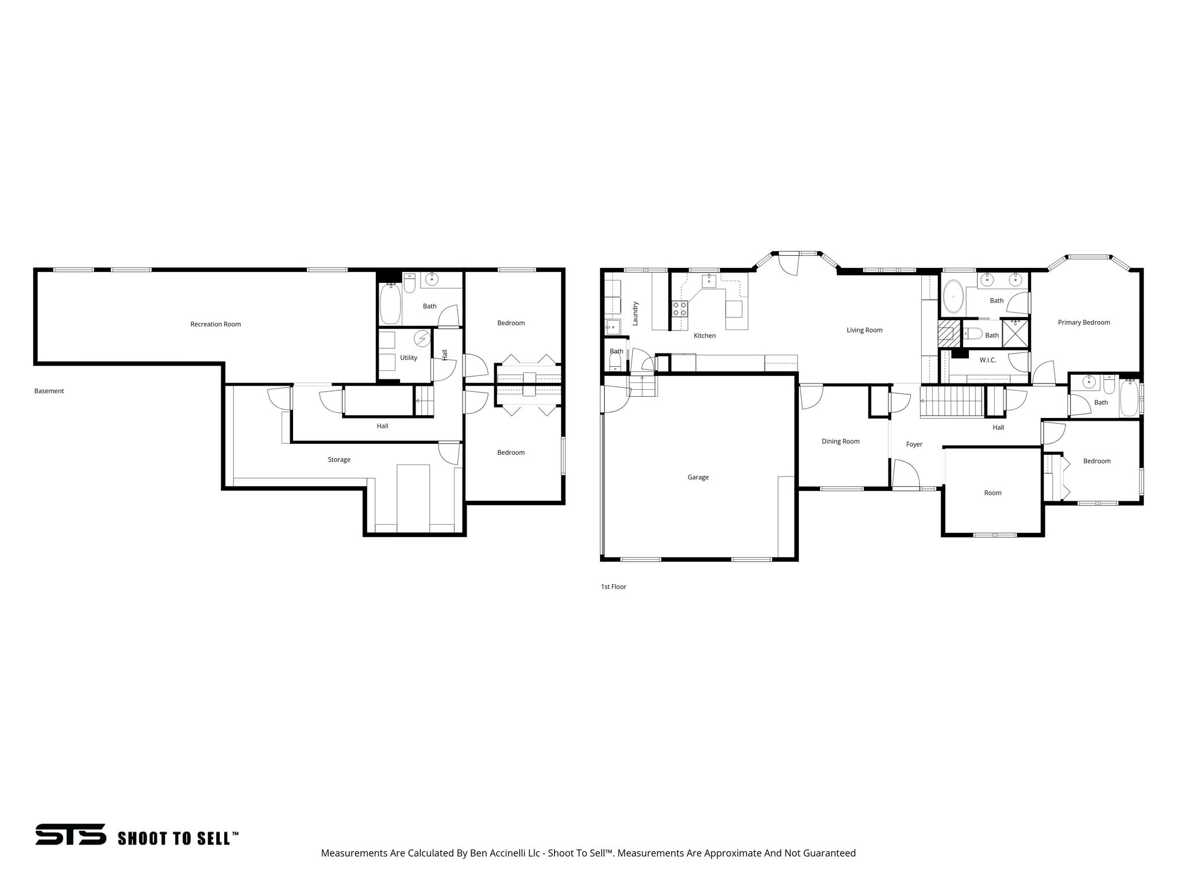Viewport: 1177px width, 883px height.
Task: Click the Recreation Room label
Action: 216,324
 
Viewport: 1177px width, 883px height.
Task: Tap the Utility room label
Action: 409,358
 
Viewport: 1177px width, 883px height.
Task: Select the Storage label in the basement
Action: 339,459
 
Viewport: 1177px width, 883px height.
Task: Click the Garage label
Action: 698,477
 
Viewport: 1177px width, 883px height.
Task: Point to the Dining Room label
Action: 840,441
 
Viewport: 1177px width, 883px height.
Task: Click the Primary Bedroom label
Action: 1083,323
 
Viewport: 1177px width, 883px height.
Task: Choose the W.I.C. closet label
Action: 987,360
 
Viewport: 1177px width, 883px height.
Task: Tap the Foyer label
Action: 914,444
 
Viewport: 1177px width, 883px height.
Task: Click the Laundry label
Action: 635,314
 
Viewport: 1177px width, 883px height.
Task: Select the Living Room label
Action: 864,330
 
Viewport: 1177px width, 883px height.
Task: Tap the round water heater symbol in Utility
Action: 423,339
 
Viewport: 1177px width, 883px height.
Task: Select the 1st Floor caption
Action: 613,587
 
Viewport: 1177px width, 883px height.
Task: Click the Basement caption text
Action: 49,391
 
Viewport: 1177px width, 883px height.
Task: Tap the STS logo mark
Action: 70,834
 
